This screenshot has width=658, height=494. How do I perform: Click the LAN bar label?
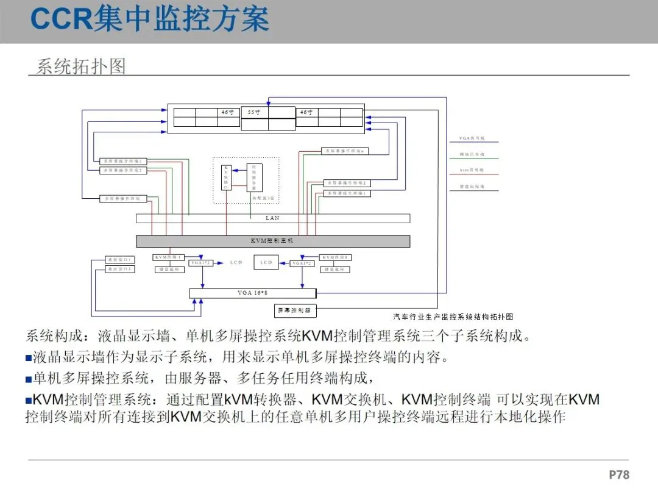[272, 218]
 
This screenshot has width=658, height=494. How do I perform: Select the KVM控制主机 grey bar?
[272, 241]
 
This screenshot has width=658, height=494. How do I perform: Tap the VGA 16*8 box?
[253, 293]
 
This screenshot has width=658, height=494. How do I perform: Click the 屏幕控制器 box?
[295, 310]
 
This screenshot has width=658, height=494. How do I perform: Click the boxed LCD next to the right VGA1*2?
[266, 262]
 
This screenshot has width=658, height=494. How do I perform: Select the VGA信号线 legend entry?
[472, 139]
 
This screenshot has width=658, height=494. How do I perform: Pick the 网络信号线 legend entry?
[472, 155]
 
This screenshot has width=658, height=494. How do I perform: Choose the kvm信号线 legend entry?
[472, 171]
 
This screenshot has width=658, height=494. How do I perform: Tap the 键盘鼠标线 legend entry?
[472, 187]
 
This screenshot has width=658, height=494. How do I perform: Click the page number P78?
[618, 474]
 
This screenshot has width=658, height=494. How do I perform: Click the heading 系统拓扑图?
[80, 66]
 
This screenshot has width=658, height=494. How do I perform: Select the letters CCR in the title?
[61, 20]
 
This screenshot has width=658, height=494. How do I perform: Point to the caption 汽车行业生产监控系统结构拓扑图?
[453, 317]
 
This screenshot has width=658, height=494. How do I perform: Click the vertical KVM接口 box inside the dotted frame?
[226, 177]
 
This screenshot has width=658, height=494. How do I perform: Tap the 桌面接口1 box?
[120, 260]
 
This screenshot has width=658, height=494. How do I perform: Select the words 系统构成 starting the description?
[51, 336]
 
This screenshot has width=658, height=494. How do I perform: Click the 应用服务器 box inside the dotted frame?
[255, 178]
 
